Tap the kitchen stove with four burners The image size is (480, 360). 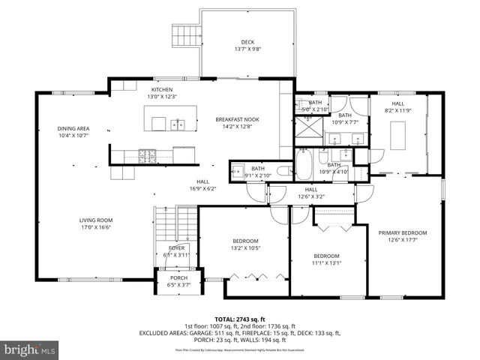148,156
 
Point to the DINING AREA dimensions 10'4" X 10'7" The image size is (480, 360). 73,136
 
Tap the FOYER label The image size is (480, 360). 176,247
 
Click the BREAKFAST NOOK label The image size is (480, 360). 237,119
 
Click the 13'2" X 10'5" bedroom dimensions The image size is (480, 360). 245,248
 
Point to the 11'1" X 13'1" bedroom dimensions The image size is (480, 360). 327,262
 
